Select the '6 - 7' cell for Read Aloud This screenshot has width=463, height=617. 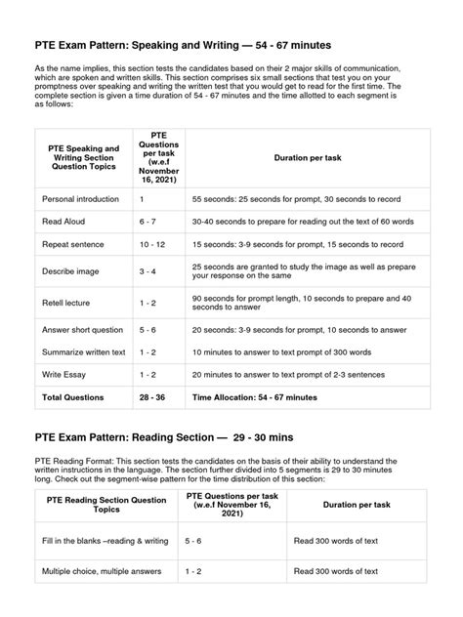coord(148,221)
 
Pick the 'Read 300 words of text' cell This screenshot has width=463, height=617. coord(340,540)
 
